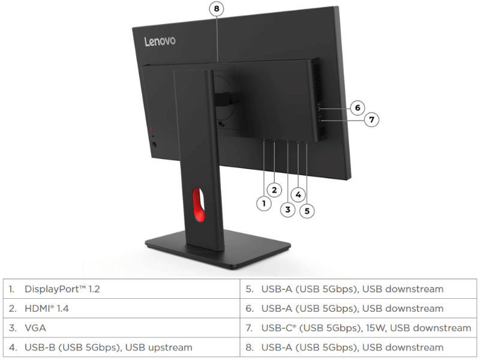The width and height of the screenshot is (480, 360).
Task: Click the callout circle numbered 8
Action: [x=217, y=8]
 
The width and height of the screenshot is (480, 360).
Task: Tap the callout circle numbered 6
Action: [x=357, y=108]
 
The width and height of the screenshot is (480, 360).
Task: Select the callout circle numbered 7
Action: [x=371, y=119]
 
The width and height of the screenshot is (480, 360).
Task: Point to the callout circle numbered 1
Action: [x=264, y=203]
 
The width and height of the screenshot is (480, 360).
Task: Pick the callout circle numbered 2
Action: [x=274, y=190]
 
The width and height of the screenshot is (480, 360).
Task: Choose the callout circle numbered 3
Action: [x=288, y=209]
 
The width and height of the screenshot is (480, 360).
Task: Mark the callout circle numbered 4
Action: [x=298, y=194]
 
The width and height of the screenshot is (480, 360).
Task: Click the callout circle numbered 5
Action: [x=307, y=211]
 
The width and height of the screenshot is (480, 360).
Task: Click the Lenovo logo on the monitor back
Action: [x=160, y=41]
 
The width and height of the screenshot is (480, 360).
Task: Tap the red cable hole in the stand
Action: [x=199, y=205]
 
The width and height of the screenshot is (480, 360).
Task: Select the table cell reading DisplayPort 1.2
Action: [x=122, y=289]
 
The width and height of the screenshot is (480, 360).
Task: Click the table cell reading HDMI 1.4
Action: [x=122, y=308]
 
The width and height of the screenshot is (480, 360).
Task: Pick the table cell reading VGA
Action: [x=122, y=328]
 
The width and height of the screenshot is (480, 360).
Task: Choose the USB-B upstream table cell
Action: [x=122, y=347]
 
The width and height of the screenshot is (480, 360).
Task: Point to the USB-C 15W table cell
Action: [x=358, y=328]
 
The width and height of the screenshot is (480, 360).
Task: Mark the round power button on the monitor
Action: [x=154, y=145]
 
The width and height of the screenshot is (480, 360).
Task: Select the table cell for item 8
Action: [x=358, y=347]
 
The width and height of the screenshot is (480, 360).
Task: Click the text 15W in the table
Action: [x=376, y=328]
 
